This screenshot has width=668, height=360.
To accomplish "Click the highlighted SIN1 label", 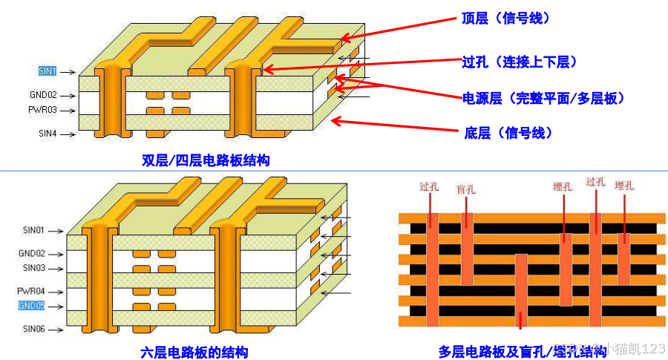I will (x=47, y=71).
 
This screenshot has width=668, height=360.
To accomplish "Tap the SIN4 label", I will (x=47, y=134).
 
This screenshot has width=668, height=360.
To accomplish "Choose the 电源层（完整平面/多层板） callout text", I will (x=545, y=98).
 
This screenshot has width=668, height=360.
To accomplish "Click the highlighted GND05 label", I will (x=32, y=306).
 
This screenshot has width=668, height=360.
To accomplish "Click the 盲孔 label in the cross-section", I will (x=465, y=189).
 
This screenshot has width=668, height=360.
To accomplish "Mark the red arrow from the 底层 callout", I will (x=393, y=125).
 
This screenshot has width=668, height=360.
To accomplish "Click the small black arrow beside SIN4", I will (x=67, y=134).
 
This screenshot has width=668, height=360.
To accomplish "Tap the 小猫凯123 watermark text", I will (x=635, y=349).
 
